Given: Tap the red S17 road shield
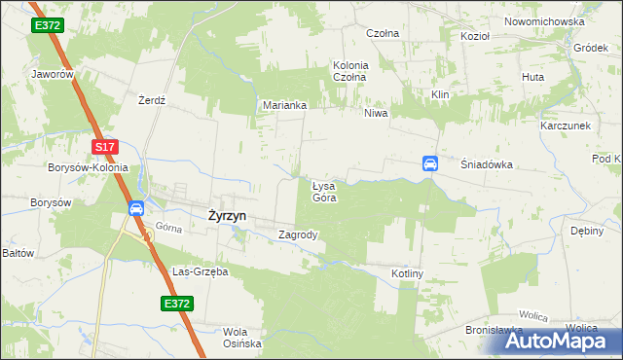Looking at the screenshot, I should click(x=106, y=147).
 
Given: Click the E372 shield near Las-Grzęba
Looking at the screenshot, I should click(x=177, y=305).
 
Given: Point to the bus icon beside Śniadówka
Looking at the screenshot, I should click(x=429, y=163).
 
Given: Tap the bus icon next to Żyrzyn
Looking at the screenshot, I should click(x=136, y=208).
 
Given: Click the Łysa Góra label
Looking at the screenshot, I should click(x=324, y=191).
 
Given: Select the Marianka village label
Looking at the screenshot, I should click(x=285, y=105).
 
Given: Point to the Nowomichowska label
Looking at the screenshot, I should click(x=544, y=21).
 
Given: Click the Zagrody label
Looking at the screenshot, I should click(x=298, y=234).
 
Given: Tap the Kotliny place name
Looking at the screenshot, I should click(x=408, y=274).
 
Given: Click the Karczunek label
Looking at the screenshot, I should click(x=567, y=126).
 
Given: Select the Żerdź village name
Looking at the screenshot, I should click(x=153, y=100).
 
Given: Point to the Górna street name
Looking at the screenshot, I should click(x=169, y=230).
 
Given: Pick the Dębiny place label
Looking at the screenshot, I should click(x=587, y=231).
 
